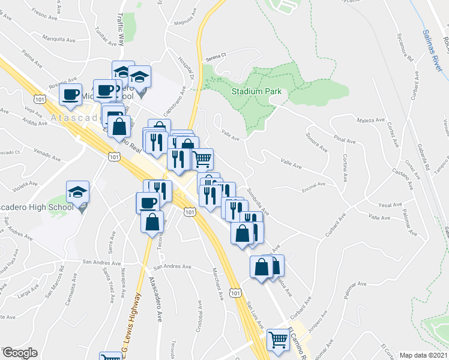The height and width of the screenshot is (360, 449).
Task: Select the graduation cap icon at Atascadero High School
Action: click(77, 193)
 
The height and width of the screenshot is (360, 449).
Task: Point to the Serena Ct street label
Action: click(214, 57)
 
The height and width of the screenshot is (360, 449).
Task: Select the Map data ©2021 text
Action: click(423, 355)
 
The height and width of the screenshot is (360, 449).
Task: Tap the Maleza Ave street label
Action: click(371, 122)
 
